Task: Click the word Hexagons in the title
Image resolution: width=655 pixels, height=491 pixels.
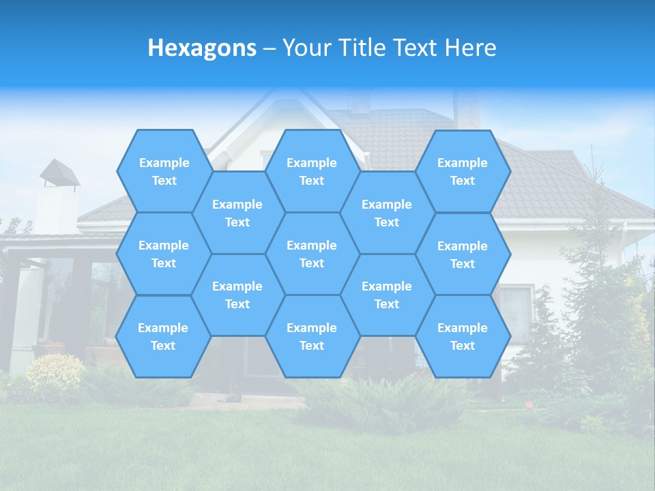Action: pos(202,48)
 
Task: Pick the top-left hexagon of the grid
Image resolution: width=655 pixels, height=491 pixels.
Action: pos(164,171)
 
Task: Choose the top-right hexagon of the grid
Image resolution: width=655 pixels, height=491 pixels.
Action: pos(463,171)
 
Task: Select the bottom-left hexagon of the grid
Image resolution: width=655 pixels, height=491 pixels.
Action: pos(163,336)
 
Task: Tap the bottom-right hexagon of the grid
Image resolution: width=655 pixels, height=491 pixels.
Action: pos(463,336)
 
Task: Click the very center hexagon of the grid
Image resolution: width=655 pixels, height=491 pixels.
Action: pos(312,254)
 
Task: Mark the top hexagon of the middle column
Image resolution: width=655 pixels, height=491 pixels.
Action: pos(312,171)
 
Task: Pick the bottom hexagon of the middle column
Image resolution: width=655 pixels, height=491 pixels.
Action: pos(312,336)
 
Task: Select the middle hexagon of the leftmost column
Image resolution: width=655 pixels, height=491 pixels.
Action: pos(164,254)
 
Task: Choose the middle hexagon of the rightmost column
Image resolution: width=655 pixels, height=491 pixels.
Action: pos(463,254)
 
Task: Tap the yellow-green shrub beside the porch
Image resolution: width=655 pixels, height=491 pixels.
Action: pos(55,372)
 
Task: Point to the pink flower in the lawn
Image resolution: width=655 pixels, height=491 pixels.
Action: pos(529,405)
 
